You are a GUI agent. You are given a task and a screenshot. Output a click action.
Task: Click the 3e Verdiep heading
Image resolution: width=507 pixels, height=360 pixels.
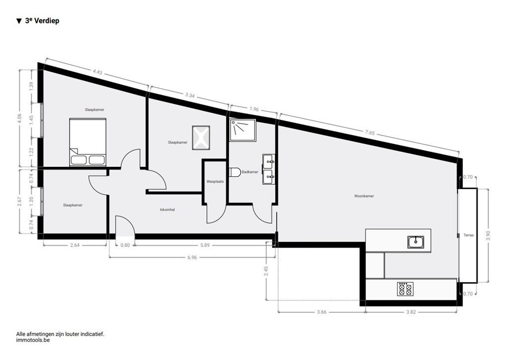click(42, 21)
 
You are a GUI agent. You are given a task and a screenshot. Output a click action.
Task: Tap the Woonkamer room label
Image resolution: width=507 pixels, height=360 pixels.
click(364, 196)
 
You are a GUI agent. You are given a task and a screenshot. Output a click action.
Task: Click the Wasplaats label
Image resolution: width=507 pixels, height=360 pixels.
click(215, 182)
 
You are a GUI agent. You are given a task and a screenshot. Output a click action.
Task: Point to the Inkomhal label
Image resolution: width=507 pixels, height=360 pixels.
click(167, 209)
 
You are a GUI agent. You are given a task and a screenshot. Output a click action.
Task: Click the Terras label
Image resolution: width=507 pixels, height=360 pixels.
click(468, 235)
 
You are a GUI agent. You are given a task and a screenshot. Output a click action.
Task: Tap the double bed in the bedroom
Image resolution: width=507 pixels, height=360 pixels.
click(88, 142)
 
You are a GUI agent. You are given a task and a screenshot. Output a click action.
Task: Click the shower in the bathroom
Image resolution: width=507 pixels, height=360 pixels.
click(243, 130)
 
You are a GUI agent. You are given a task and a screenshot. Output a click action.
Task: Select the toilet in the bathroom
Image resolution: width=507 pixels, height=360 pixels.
click(235, 172)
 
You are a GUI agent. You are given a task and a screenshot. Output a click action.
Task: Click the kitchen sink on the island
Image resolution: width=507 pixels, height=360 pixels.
click(416, 242)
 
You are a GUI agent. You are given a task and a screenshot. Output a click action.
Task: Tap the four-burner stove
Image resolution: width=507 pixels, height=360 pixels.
click(406, 289)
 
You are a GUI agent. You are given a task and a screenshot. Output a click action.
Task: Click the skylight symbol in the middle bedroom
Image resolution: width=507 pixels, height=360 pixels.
click(201, 137)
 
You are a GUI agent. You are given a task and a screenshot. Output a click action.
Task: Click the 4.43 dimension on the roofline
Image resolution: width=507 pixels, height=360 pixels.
click(97, 72)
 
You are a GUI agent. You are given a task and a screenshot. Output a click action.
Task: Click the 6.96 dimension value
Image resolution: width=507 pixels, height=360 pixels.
click(192, 257)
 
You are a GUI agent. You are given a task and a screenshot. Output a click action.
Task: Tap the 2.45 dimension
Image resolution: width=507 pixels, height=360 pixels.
click(266, 271)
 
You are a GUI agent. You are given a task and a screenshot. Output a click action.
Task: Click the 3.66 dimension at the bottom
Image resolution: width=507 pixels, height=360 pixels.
click(321, 312)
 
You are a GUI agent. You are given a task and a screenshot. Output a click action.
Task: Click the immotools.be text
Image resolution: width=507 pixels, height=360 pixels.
click(33, 340)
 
